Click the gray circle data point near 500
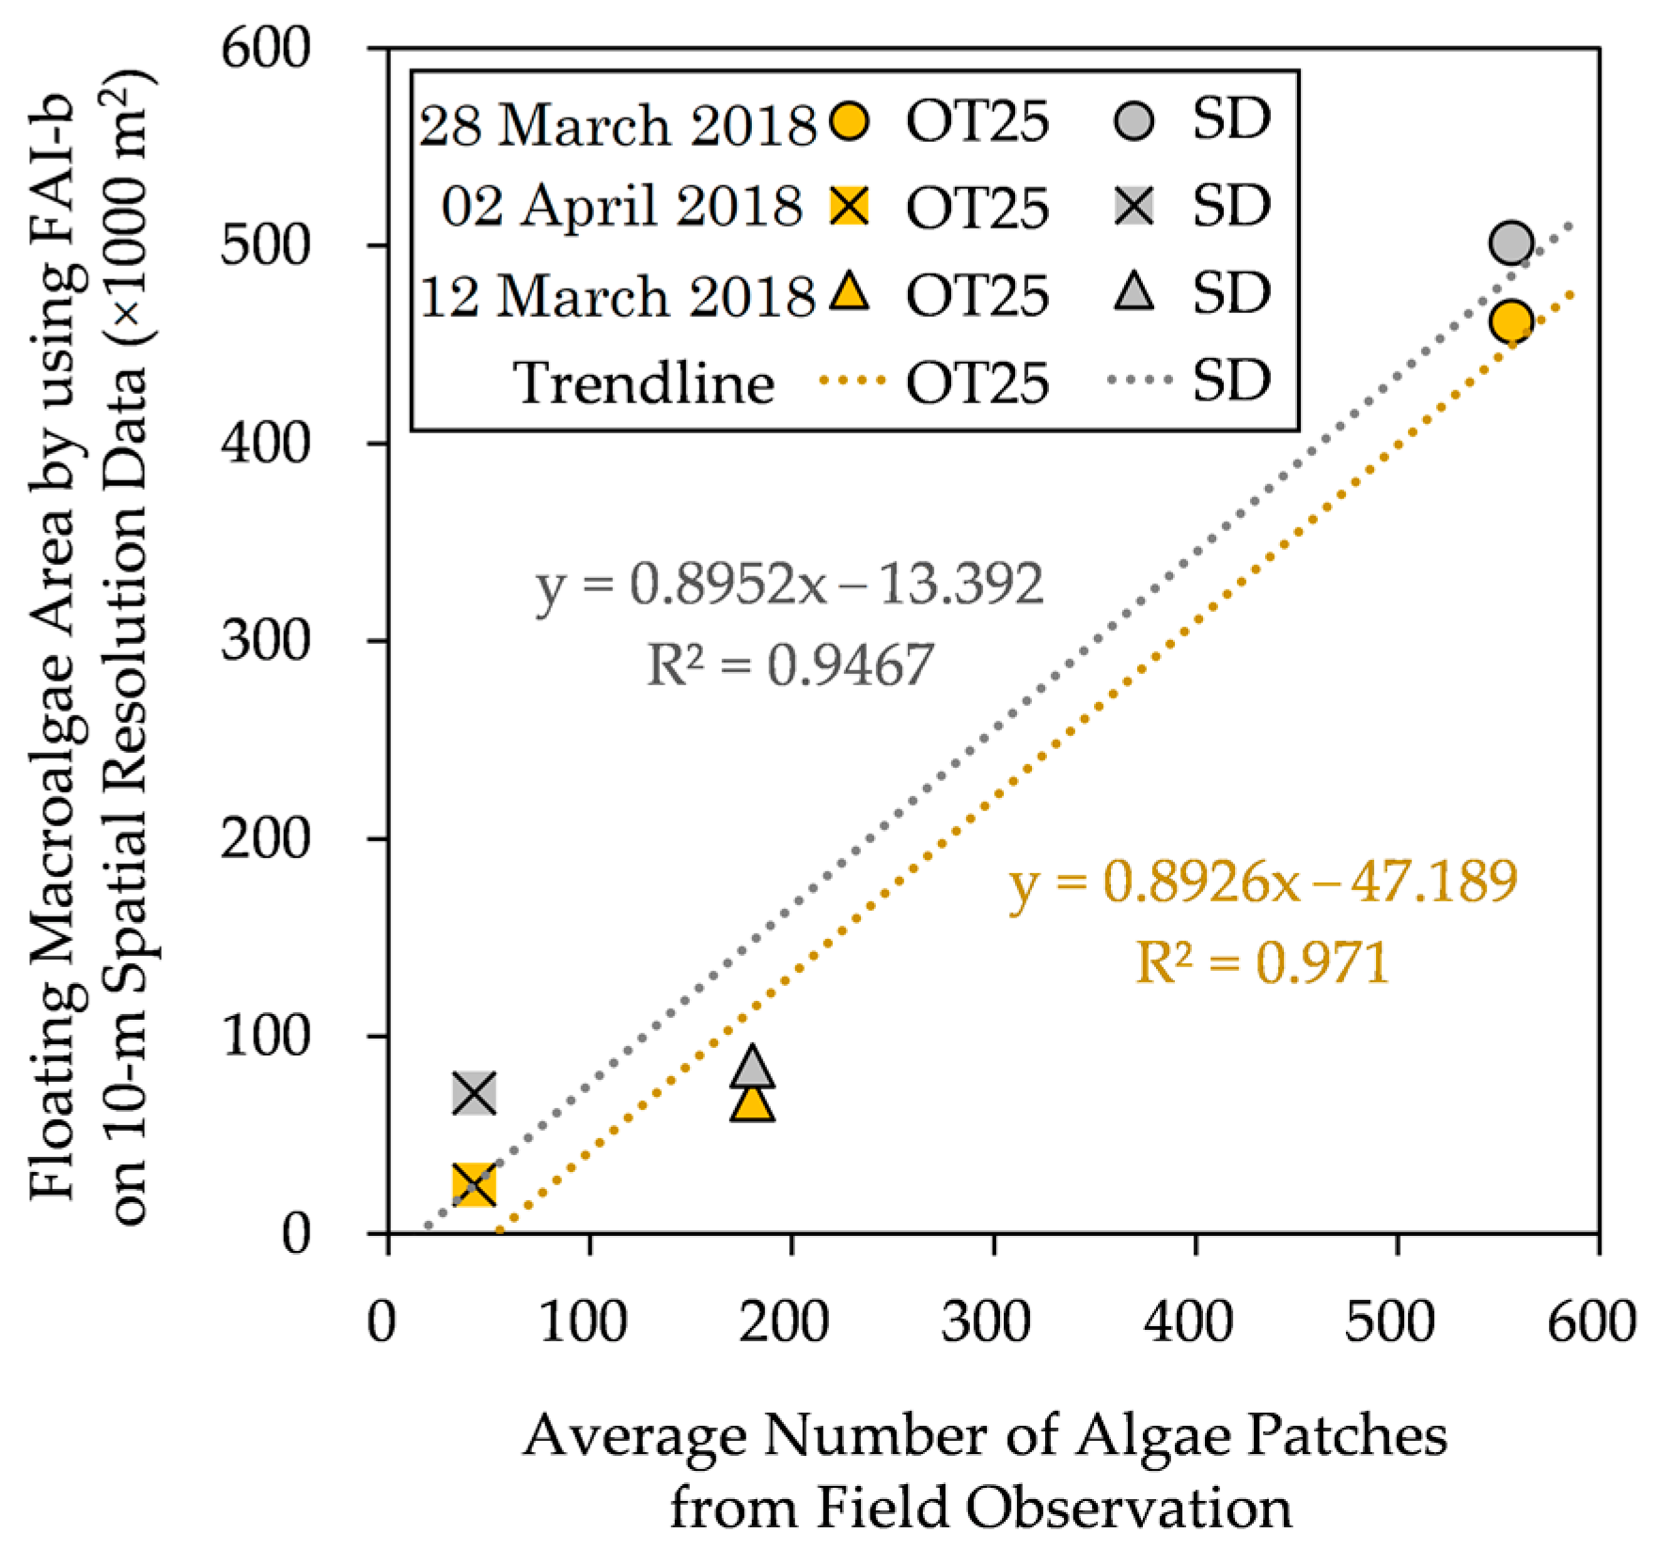point(1510,243)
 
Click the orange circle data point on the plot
point(1510,321)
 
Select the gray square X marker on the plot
point(474,1093)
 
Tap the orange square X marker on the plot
point(474,1184)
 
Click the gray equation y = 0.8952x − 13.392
point(789,585)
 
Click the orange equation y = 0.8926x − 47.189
point(1262,882)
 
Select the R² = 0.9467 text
point(789,665)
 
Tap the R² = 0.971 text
point(1262,962)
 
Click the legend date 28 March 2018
point(617,124)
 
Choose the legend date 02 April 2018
point(621,206)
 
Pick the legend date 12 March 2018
point(617,295)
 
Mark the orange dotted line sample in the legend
point(852,381)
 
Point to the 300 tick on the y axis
point(265,642)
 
